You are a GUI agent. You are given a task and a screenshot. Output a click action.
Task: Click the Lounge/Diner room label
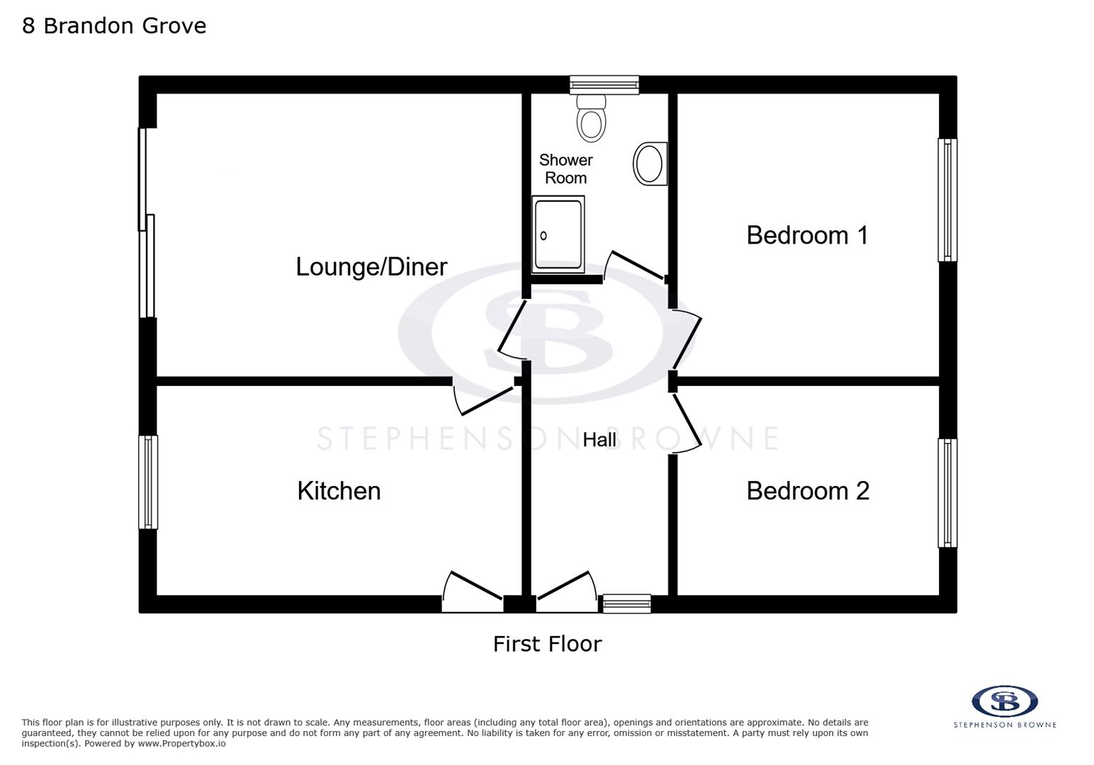coord(371,267)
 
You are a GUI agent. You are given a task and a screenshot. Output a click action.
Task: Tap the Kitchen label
coord(339,491)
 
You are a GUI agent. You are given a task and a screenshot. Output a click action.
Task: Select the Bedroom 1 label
coord(807,235)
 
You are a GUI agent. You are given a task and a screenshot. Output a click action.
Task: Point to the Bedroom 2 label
coord(808,491)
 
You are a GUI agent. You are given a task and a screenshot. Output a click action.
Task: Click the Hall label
coord(599,440)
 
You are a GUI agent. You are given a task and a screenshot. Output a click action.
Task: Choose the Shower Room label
coord(565,169)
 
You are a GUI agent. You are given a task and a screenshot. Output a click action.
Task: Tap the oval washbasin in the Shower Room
coord(649,164)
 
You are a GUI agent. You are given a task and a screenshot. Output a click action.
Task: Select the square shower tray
coord(558,234)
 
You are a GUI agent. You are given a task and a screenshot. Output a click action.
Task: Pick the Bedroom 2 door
coord(687,423)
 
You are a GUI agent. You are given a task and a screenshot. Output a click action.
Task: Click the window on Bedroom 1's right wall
coord(947,200)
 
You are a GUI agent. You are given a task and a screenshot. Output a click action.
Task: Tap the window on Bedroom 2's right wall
coord(947,493)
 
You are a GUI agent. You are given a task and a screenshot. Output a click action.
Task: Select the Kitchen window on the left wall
coord(148,482)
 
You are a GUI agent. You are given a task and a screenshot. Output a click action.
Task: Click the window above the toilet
coord(604,85)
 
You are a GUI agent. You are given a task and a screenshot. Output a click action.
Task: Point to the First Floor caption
coord(547,644)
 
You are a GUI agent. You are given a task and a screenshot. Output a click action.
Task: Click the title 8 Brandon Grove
coord(114,25)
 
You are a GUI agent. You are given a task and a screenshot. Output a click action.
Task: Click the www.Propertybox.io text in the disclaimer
coord(181,744)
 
